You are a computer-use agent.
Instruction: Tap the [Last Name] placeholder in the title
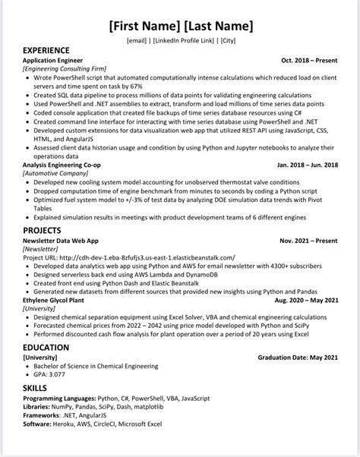pos(217,27)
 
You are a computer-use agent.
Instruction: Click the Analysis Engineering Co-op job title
pos(66,164)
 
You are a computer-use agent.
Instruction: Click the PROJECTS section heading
pos(43,229)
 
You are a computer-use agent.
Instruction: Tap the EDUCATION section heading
pos(46,348)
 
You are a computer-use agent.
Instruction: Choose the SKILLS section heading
pos(35,387)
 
